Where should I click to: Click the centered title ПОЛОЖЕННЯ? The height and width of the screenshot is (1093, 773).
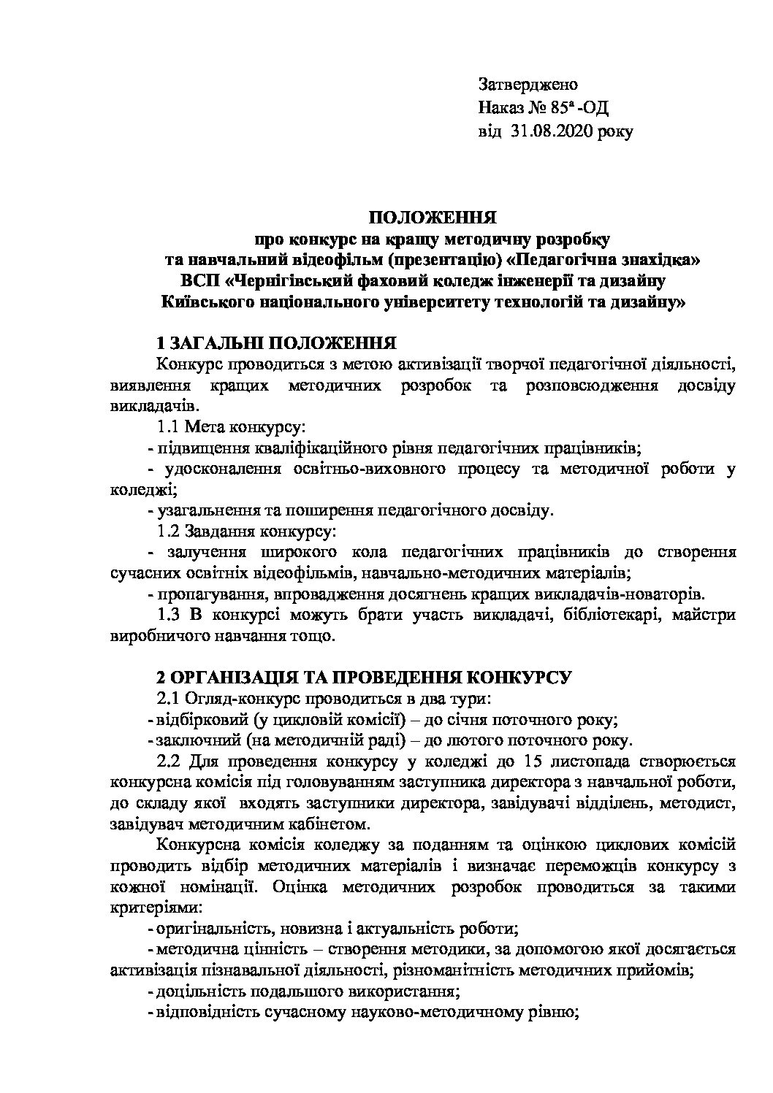click(432, 218)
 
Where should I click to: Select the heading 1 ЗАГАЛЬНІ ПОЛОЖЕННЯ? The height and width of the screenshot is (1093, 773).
click(278, 343)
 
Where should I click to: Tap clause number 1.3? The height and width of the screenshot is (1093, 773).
click(171, 614)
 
